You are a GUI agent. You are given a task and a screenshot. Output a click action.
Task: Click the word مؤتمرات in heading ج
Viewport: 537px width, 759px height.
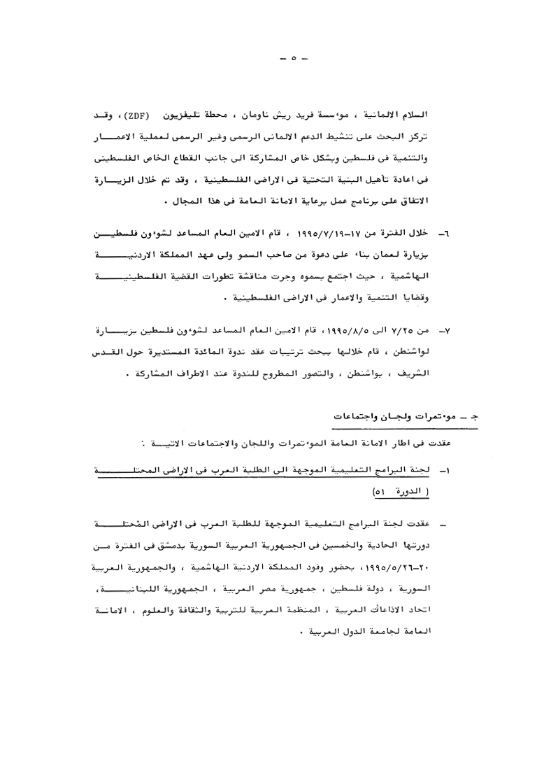coord(393,417)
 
